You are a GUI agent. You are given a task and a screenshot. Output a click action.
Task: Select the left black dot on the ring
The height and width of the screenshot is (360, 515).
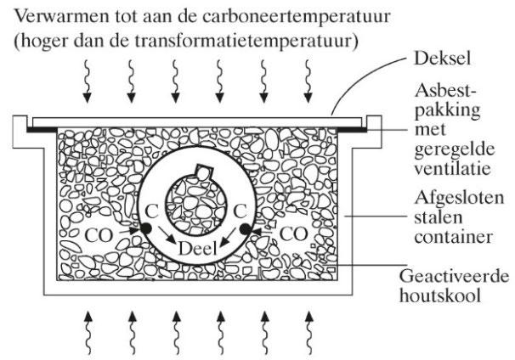(147, 229)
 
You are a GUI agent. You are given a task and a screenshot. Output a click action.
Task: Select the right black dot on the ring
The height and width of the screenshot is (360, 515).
(247, 229)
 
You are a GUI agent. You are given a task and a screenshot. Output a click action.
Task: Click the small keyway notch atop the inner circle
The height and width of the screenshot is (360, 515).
(202, 172)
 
